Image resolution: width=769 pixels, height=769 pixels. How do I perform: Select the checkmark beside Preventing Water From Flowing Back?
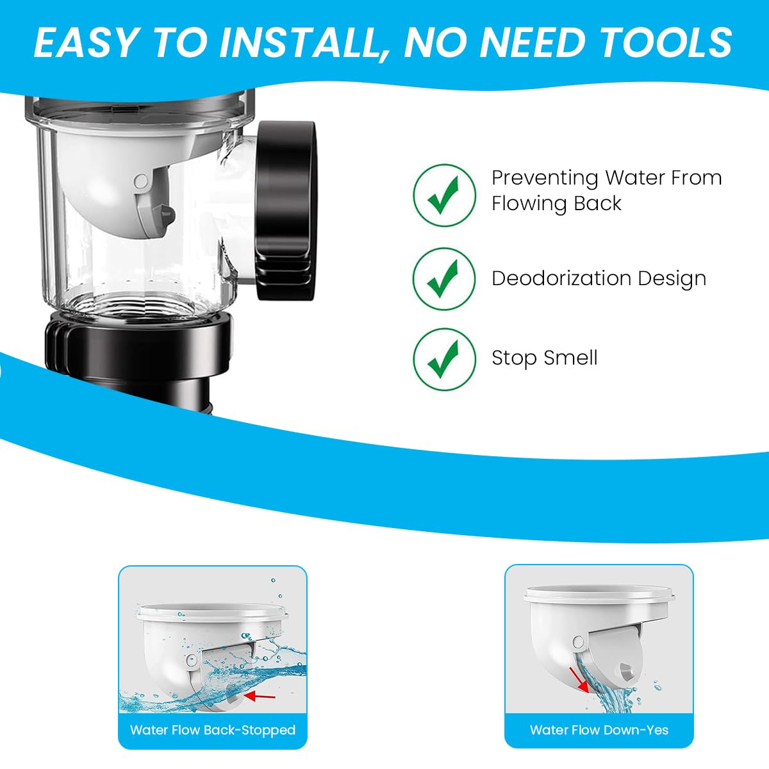[443, 195]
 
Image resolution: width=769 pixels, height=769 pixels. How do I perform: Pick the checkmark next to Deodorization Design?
[443, 278]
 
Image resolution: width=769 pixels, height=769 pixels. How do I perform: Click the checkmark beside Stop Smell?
[443, 358]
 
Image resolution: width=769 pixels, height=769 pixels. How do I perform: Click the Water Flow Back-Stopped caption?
[213, 730]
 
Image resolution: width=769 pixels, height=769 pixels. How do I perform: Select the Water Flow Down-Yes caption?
[599, 730]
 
